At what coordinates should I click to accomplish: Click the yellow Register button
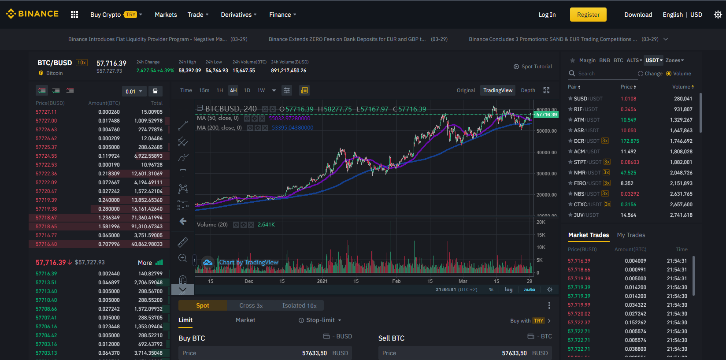coord(588,15)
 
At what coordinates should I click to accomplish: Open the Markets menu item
coord(166,15)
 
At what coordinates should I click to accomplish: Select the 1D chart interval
coord(247,90)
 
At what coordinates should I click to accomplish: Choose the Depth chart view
coord(528,90)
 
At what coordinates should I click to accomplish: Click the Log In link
coord(547,15)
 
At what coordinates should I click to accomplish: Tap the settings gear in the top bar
coord(718,15)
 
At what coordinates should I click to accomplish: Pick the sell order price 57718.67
coord(46,218)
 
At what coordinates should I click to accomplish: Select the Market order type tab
coord(245,320)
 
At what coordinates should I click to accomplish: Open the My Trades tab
coord(631,235)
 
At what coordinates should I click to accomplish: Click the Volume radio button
coord(669,74)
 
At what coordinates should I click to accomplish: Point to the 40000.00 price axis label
coord(547,152)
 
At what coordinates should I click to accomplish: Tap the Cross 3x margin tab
coord(251,305)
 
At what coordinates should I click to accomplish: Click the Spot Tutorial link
coord(533,67)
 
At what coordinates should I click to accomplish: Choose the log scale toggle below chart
coord(508,289)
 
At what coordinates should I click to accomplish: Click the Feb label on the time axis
coord(396,281)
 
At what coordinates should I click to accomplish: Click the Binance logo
coord(32,14)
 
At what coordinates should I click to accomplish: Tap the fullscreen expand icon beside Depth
coord(546,90)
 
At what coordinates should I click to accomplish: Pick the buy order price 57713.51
coord(46,282)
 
